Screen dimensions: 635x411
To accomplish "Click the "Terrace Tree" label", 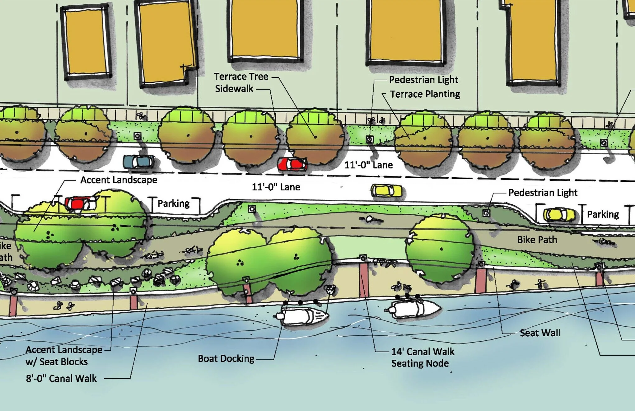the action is coord(241,77).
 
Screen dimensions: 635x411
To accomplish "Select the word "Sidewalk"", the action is coord(234,89).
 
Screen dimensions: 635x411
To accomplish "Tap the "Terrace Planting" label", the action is coord(425,94).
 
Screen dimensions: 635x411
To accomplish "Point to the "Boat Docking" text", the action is coord(226,358).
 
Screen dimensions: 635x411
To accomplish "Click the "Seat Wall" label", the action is coord(540,333).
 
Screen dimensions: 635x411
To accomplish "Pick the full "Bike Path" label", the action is coord(537,240).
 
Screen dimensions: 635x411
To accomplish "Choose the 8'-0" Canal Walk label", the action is coord(61,378).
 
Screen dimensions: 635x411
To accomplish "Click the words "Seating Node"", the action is coord(420,363).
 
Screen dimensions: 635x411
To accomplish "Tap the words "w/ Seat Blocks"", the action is coord(57,362).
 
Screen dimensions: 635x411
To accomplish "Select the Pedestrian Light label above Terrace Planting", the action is coord(423,80).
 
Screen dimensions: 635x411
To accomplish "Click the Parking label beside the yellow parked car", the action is coord(603,214).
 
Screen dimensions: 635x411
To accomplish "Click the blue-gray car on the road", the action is coord(138,161).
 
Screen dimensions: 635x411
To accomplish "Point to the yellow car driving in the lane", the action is coord(386,190).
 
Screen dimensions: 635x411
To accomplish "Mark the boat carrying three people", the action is coord(414,308).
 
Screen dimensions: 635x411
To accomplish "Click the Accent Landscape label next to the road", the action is coord(119,180).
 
